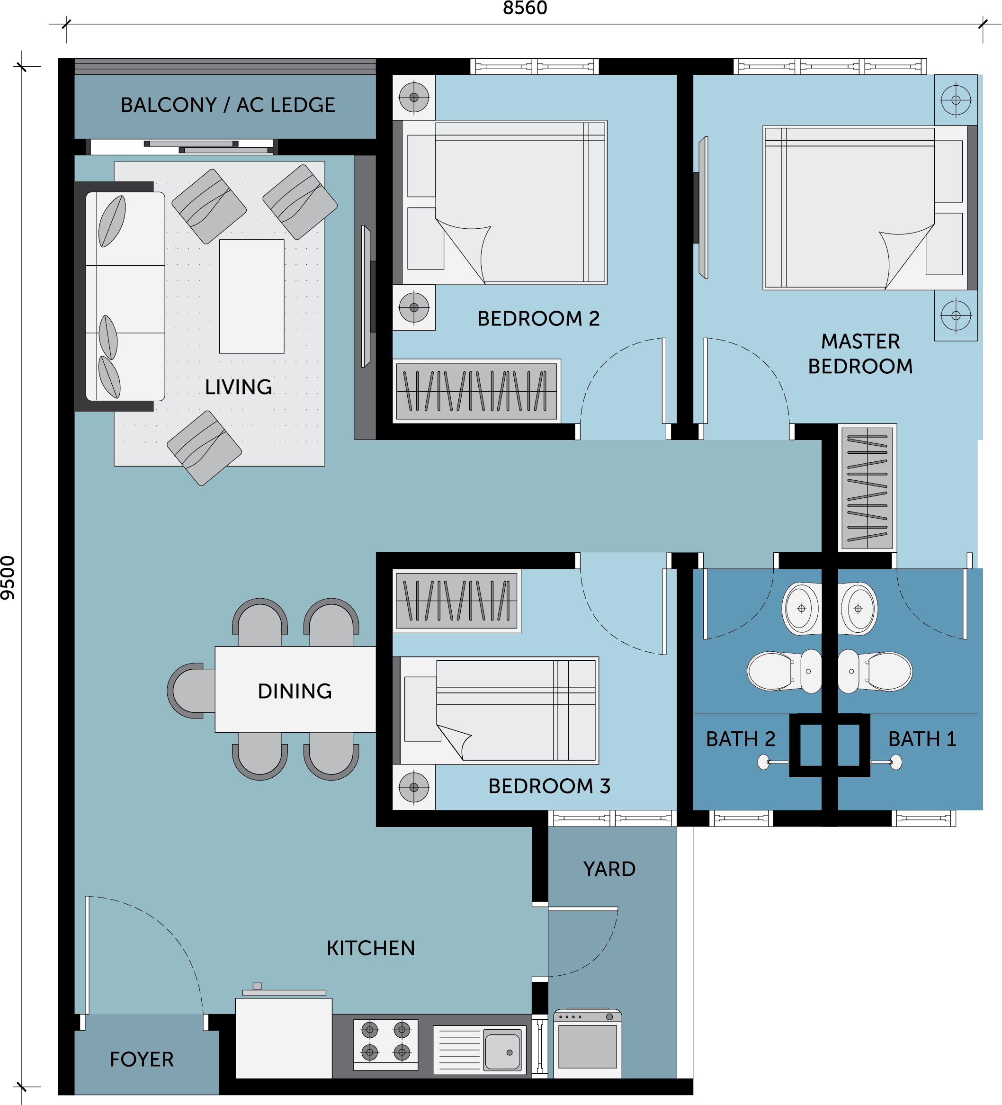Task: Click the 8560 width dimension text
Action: coord(525,8)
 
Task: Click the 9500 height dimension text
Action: coord(8,578)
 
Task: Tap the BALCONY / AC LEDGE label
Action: coord(227,105)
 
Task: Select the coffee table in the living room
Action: coord(251,296)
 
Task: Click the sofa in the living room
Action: coord(125,296)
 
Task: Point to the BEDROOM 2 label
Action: coord(538,318)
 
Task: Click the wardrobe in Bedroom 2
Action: coord(476,390)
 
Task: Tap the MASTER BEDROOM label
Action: coord(860,353)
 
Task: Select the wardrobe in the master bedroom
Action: coord(867,487)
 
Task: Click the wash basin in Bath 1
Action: coord(858,609)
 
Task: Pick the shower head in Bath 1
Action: coord(895,762)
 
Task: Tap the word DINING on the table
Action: coord(295,691)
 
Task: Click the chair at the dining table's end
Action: coord(191,691)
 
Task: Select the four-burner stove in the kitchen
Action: coord(385,1045)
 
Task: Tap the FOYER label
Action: coord(142,1060)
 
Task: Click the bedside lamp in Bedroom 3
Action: coord(414,787)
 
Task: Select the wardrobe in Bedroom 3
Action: coord(456,601)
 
